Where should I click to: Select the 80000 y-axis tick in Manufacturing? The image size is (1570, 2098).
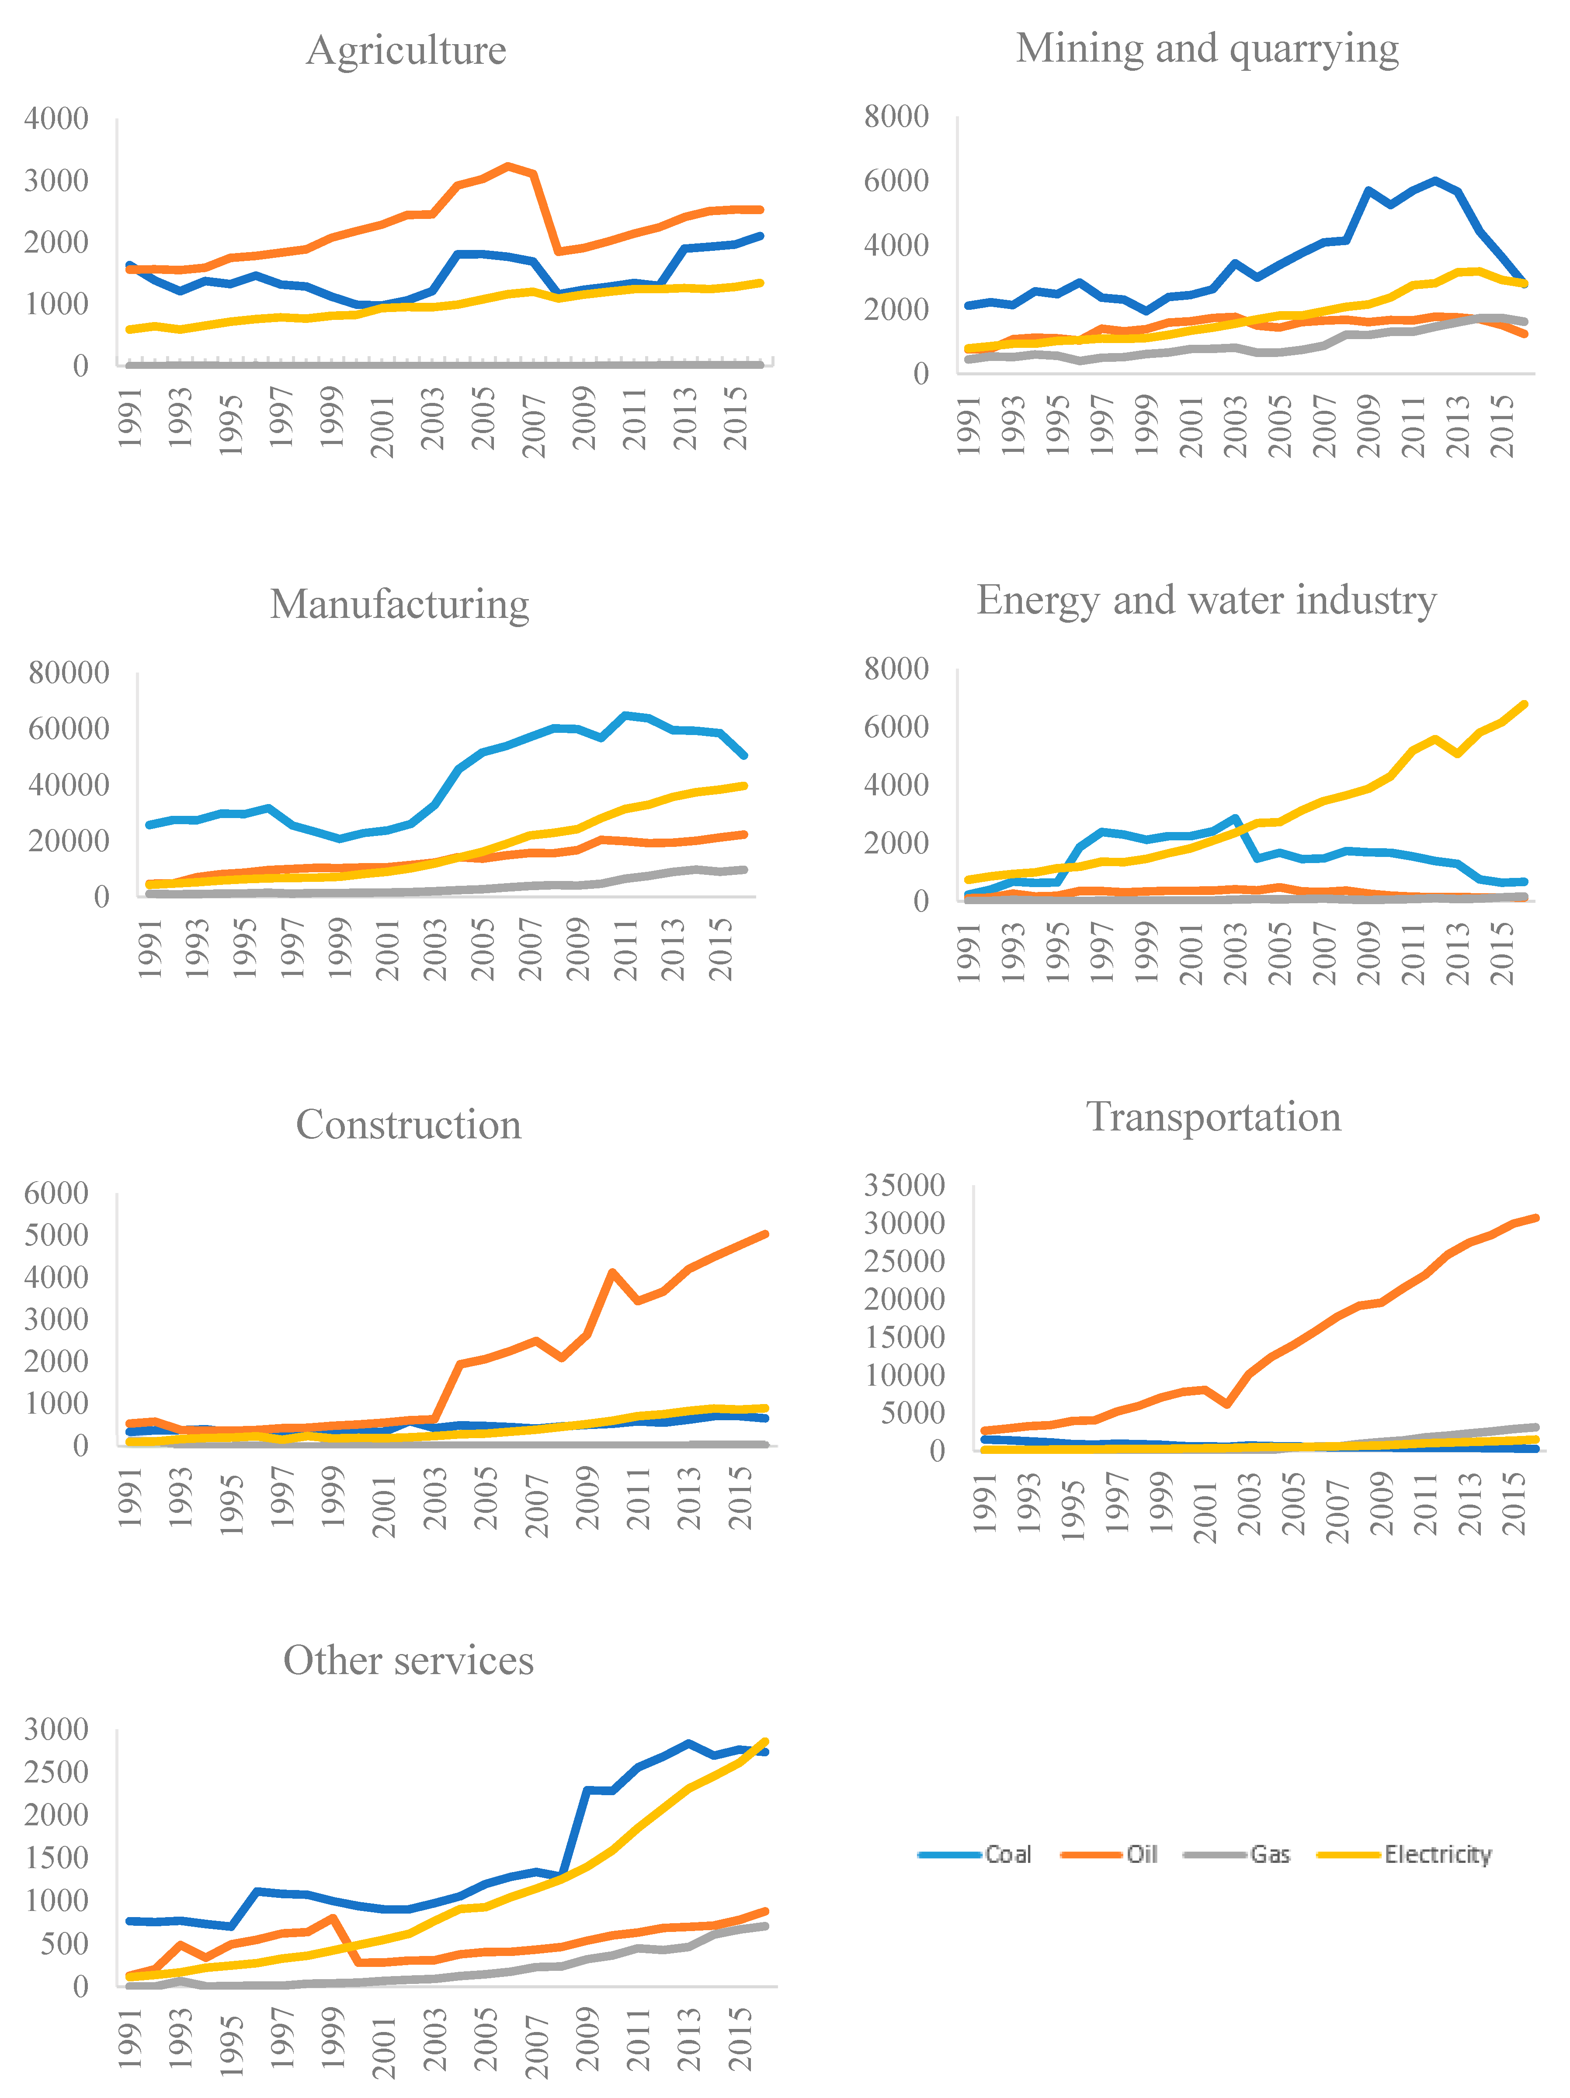tap(68, 673)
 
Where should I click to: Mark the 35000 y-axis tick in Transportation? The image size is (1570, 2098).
tap(904, 1186)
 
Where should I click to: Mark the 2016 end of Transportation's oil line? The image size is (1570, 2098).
tap(1535, 1218)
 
